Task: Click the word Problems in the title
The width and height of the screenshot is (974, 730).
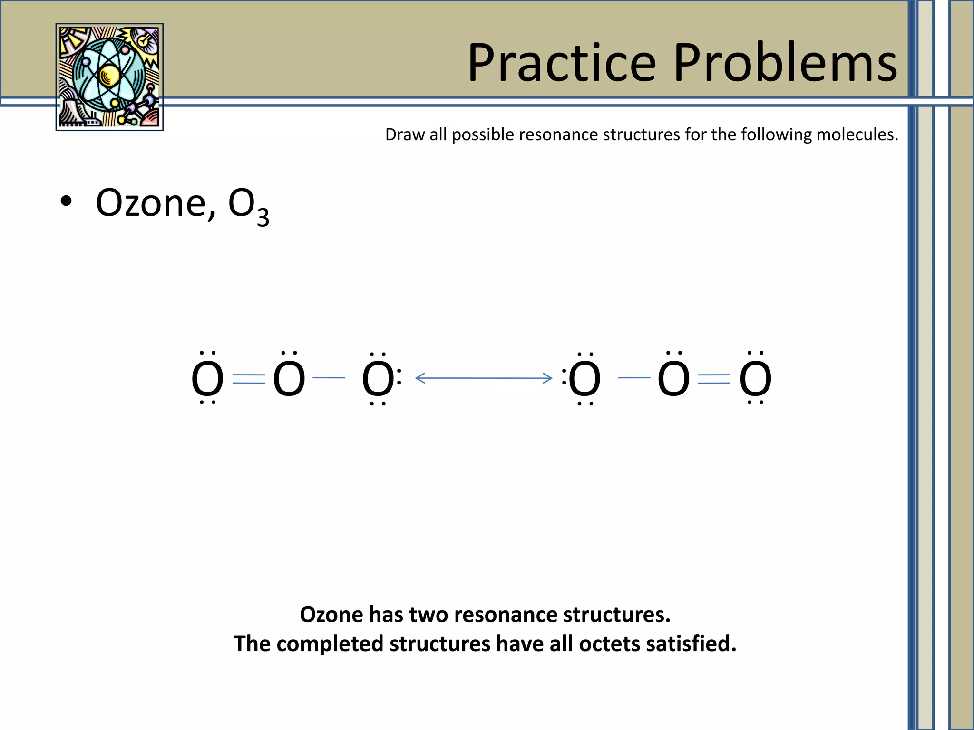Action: coord(785,63)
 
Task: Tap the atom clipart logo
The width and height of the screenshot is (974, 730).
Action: coord(109,77)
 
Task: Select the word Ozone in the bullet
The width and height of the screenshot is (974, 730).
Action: coord(151,203)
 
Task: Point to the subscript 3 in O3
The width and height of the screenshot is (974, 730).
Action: coord(263,217)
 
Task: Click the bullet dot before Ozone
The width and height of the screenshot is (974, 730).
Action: coord(66,202)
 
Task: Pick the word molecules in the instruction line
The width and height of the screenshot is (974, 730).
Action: coord(857,135)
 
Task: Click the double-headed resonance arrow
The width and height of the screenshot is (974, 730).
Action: coord(484,378)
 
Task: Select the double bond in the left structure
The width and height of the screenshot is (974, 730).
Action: coord(249,379)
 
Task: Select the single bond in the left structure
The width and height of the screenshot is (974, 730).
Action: coord(329,378)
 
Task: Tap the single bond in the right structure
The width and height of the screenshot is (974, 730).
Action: coord(634,378)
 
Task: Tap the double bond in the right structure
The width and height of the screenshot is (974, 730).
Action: coord(714,379)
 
